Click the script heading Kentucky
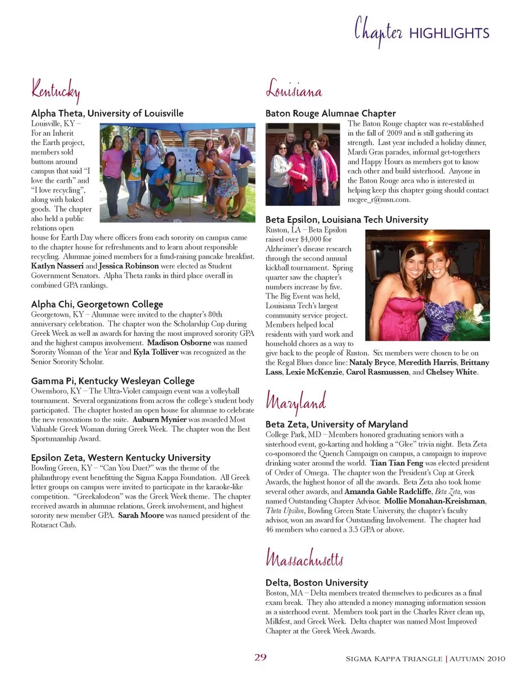(x=55, y=90)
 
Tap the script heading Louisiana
(x=294, y=89)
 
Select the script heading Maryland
(x=296, y=401)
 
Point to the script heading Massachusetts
(x=304, y=557)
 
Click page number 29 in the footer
(x=260, y=658)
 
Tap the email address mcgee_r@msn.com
(x=379, y=200)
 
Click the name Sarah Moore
(x=141, y=515)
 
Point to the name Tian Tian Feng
(x=397, y=463)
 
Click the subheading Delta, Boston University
(x=317, y=582)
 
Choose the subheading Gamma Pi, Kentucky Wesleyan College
(x=113, y=381)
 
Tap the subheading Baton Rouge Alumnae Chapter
(x=331, y=113)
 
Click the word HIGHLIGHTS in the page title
(x=449, y=34)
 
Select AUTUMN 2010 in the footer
(x=478, y=659)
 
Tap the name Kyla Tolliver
(x=156, y=352)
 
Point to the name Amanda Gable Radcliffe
(x=388, y=492)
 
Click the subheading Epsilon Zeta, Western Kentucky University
(x=120, y=457)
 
